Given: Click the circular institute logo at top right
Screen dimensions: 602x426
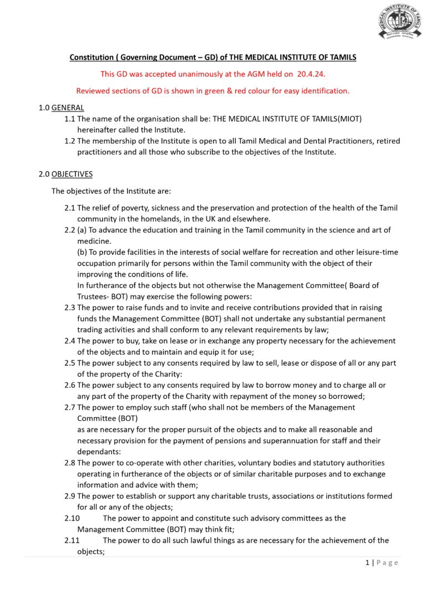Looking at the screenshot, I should tap(399, 23).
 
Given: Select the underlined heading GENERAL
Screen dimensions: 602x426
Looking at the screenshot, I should tap(68, 108).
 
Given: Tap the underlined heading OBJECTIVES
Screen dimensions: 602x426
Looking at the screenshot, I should tap(72, 174).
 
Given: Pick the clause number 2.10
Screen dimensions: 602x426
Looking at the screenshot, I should tap(72, 518).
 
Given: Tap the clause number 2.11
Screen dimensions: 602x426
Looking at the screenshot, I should tap(72, 540).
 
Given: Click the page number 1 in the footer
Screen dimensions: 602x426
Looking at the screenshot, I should tap(367, 563).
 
